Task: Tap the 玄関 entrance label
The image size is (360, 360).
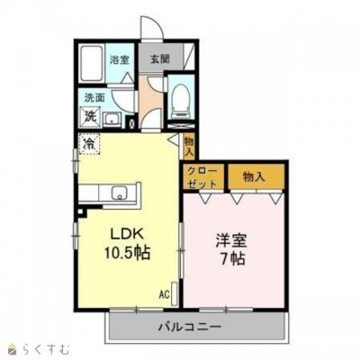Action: [159, 60]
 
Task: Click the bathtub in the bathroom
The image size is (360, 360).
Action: [91, 64]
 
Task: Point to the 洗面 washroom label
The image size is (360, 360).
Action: [94, 97]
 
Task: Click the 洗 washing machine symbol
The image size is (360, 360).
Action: [90, 115]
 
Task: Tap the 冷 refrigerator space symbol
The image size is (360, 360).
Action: [90, 142]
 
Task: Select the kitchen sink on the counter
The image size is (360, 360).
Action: [118, 193]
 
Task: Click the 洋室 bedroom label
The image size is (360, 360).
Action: [231, 241]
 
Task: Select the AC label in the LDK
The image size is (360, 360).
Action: [165, 293]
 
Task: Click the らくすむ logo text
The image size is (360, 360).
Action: [41, 346]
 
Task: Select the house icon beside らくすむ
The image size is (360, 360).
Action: [12, 346]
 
